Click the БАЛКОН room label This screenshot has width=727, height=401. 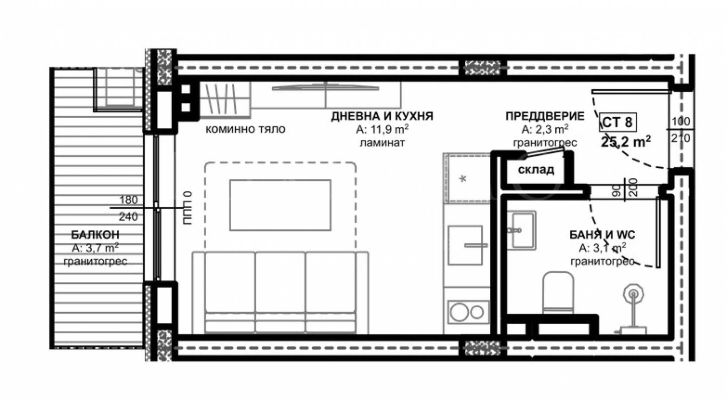(95, 234)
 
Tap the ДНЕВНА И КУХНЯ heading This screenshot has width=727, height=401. (382, 116)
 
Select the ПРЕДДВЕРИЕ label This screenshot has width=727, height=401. (545, 116)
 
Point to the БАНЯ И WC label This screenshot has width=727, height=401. (603, 235)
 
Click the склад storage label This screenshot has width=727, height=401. (536, 170)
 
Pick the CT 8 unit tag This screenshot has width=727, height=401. (617, 122)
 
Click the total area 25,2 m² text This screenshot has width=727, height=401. (626, 141)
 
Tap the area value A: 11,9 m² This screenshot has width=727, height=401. (382, 129)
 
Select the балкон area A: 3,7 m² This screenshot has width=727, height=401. (95, 248)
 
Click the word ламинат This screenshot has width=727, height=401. (382, 143)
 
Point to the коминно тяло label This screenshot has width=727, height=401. (245, 130)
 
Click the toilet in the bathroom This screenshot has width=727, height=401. (558, 293)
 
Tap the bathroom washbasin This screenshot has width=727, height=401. (522, 230)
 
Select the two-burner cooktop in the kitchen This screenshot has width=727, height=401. (468, 312)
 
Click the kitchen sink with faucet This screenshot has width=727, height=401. (465, 246)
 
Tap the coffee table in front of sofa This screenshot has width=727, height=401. (280, 205)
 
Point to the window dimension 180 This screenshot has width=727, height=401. (129, 200)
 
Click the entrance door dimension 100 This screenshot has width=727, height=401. (681, 121)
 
